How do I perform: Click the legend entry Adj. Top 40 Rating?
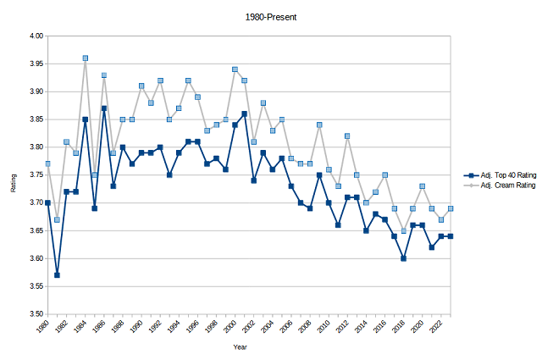point(504,173)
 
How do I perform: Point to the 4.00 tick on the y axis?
point(33,36)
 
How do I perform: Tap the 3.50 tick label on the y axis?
point(33,313)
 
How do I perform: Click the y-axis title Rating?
point(14,175)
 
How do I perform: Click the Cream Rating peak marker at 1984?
point(86,58)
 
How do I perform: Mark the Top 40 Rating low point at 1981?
point(58,274)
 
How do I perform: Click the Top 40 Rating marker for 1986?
point(104,108)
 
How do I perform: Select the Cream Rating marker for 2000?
point(235,69)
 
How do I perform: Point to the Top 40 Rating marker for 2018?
point(404,258)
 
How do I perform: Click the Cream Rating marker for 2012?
point(347,136)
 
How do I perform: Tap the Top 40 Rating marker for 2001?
point(245,114)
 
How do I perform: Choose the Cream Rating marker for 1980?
point(48,163)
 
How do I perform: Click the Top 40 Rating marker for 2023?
point(451,235)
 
